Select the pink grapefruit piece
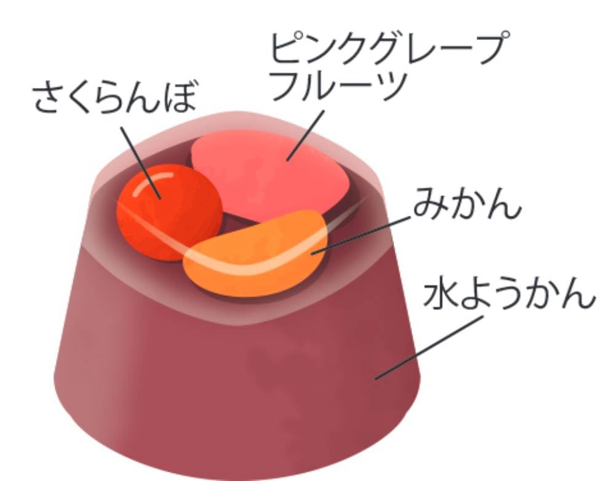(x=264, y=175)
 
